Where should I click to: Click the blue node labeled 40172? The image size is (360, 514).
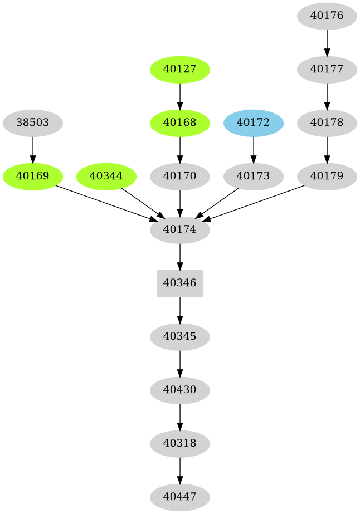tap(254, 123)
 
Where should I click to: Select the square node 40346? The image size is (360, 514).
tap(179, 283)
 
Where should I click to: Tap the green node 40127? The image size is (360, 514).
tap(179, 70)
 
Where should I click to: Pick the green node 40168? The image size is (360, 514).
tap(179, 123)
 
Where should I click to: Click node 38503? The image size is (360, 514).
tap(33, 123)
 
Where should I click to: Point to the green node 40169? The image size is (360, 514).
tap(33, 176)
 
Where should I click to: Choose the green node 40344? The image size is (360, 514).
tap(106, 176)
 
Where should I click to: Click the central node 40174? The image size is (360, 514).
tap(179, 229)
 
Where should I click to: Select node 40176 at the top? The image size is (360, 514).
tap(327, 16)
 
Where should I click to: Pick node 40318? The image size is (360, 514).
tap(179, 443)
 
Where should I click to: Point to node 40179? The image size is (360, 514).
tap(327, 176)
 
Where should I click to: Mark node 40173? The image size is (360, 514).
tap(254, 176)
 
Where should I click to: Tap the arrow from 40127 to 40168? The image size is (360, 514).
tap(179, 96)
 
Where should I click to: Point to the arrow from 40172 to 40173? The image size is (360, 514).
tap(254, 149)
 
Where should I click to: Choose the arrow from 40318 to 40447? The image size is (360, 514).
tap(179, 470)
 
